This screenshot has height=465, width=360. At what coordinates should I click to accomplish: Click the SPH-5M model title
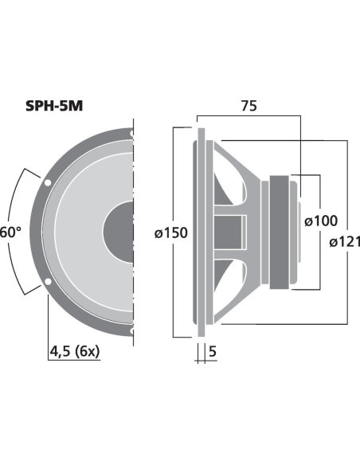(54, 106)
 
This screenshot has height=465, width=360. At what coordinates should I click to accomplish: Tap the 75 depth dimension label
(248, 106)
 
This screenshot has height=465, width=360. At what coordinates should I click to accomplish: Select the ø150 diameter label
(171, 232)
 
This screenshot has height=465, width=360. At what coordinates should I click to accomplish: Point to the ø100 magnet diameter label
(321, 221)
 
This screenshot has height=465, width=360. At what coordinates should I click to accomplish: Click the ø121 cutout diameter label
(345, 242)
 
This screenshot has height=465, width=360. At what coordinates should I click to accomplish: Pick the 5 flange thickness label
(213, 351)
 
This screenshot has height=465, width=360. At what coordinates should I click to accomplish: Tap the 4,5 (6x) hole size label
(75, 352)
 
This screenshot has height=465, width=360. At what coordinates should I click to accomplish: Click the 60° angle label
(10, 232)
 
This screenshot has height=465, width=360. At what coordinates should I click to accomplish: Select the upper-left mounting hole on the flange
(48, 183)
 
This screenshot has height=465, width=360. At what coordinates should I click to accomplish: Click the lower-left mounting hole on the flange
(48, 281)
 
